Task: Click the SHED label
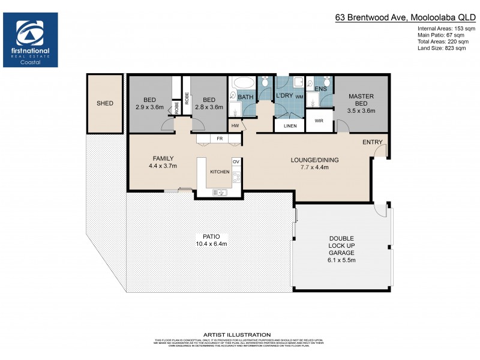tap(104, 103)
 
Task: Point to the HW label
tap(235, 126)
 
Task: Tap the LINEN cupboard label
tap(290, 125)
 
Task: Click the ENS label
tap(321, 89)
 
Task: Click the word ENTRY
tap(372, 142)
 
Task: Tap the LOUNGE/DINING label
tap(314, 160)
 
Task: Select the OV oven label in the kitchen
tap(236, 162)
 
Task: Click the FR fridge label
tap(220, 139)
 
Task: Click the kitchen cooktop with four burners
tap(235, 177)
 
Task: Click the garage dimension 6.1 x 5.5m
tap(341, 260)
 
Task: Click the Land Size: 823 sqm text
tap(442, 49)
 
